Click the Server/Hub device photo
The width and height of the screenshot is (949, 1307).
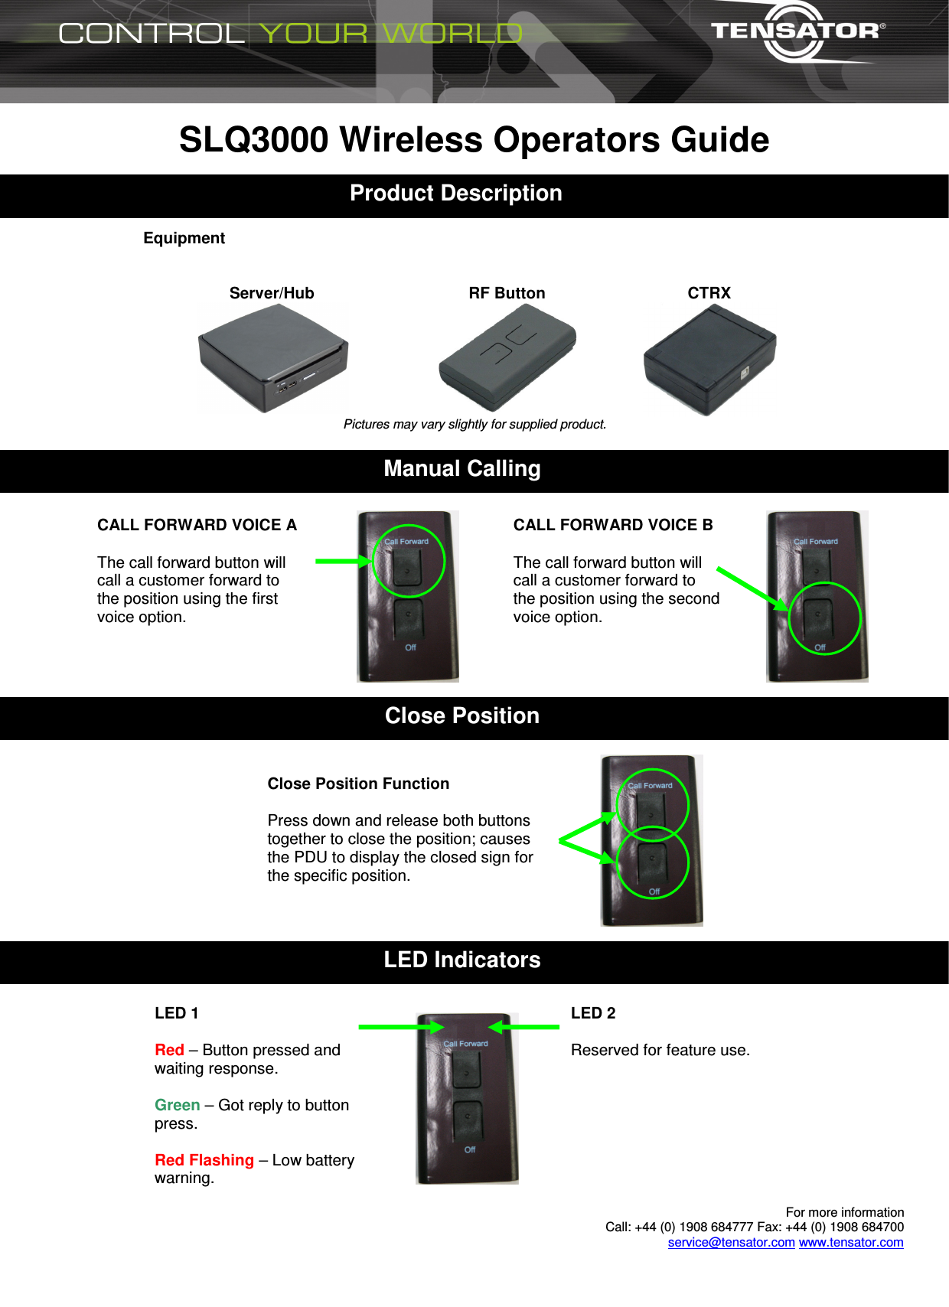click(x=273, y=357)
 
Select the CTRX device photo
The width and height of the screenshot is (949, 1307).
click(x=709, y=359)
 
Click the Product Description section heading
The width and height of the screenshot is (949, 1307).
click(x=456, y=194)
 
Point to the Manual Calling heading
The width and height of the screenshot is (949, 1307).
click(x=461, y=469)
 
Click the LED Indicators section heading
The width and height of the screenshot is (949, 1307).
click(x=461, y=960)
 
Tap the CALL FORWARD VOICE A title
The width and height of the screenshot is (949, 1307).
click(x=197, y=525)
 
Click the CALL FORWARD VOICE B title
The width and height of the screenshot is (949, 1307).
click(x=612, y=525)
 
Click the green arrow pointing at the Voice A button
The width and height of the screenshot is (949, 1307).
click(x=343, y=562)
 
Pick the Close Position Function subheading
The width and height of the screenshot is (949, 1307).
click(x=358, y=784)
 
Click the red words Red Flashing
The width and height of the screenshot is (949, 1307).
click(x=204, y=1160)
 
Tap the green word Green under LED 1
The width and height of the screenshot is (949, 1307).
click(x=177, y=1105)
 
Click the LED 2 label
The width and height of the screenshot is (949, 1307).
click(x=593, y=1013)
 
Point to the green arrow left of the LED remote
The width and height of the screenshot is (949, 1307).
click(x=400, y=1027)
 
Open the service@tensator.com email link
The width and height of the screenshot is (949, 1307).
click(x=731, y=1242)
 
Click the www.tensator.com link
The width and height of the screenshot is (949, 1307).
click(x=850, y=1242)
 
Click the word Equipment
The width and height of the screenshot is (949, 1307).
click(x=184, y=238)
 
